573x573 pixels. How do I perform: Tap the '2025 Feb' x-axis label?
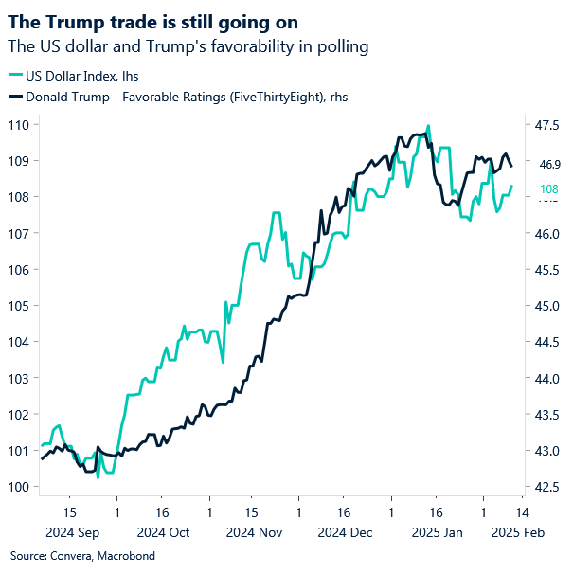(x=515, y=532)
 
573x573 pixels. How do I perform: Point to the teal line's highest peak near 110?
(x=429, y=125)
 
